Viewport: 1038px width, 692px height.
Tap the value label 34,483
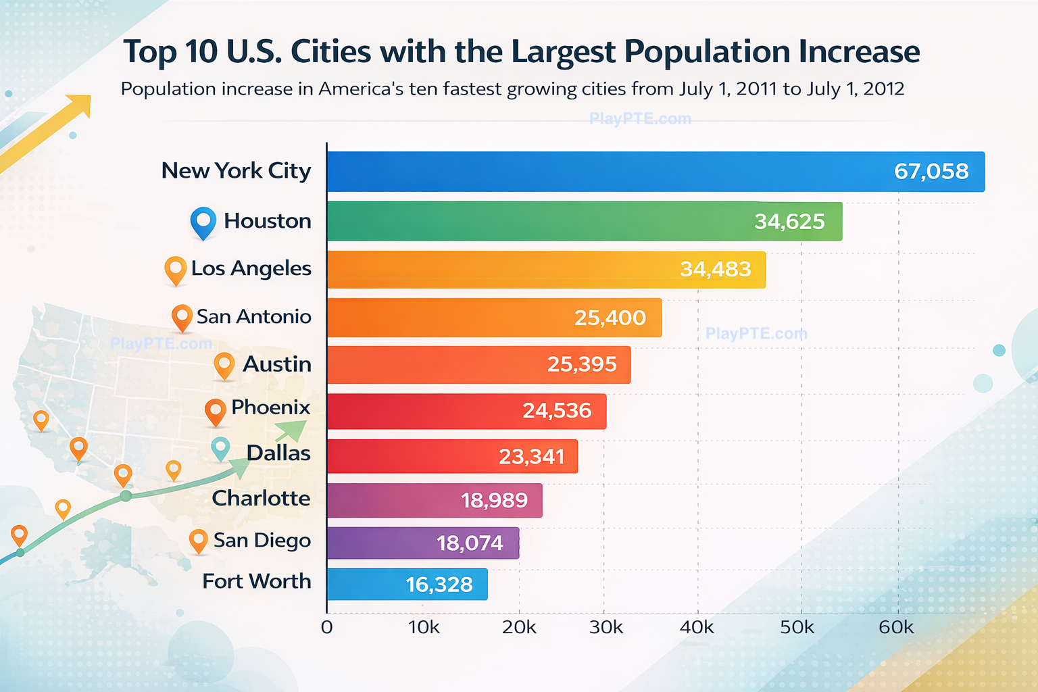715,270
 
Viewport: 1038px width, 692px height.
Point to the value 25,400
610,318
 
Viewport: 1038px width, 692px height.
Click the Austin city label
277,364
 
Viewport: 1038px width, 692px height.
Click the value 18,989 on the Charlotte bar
494,501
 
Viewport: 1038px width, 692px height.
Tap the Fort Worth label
257,582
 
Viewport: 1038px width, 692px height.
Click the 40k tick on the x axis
697,628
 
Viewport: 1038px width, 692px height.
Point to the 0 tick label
327,628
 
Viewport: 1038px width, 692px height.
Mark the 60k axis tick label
896,628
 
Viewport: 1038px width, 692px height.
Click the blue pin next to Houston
203,221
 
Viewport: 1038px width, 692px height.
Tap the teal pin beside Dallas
220,447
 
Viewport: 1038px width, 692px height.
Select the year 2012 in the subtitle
883,89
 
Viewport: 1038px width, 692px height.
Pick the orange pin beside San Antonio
182,316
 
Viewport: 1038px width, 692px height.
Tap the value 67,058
931,172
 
